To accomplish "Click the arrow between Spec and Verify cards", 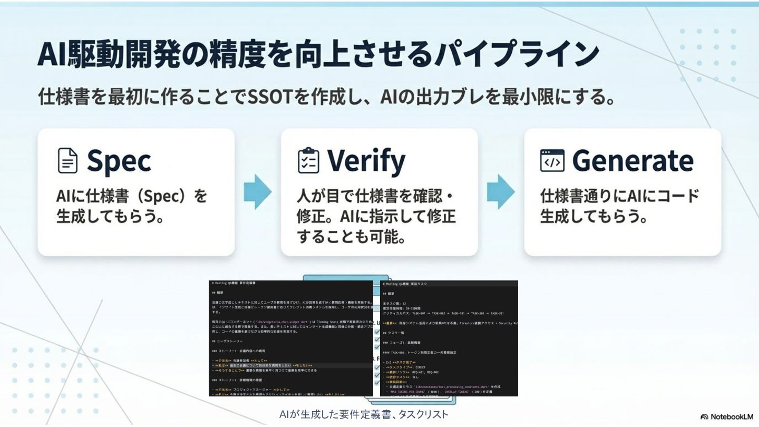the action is (x=258, y=191).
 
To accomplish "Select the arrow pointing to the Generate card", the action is (x=501, y=191).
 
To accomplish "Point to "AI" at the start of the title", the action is (x=49, y=54).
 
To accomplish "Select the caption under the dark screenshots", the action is (x=364, y=414).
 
